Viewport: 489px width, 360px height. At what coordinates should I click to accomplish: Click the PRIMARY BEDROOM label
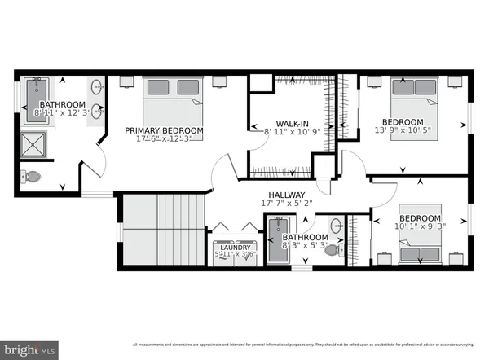point(164,130)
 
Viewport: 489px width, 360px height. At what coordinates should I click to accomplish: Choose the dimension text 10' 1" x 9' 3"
point(419,229)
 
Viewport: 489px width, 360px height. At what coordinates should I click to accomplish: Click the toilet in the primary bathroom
point(31,175)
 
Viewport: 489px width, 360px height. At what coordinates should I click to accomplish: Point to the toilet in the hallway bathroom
point(333,251)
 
